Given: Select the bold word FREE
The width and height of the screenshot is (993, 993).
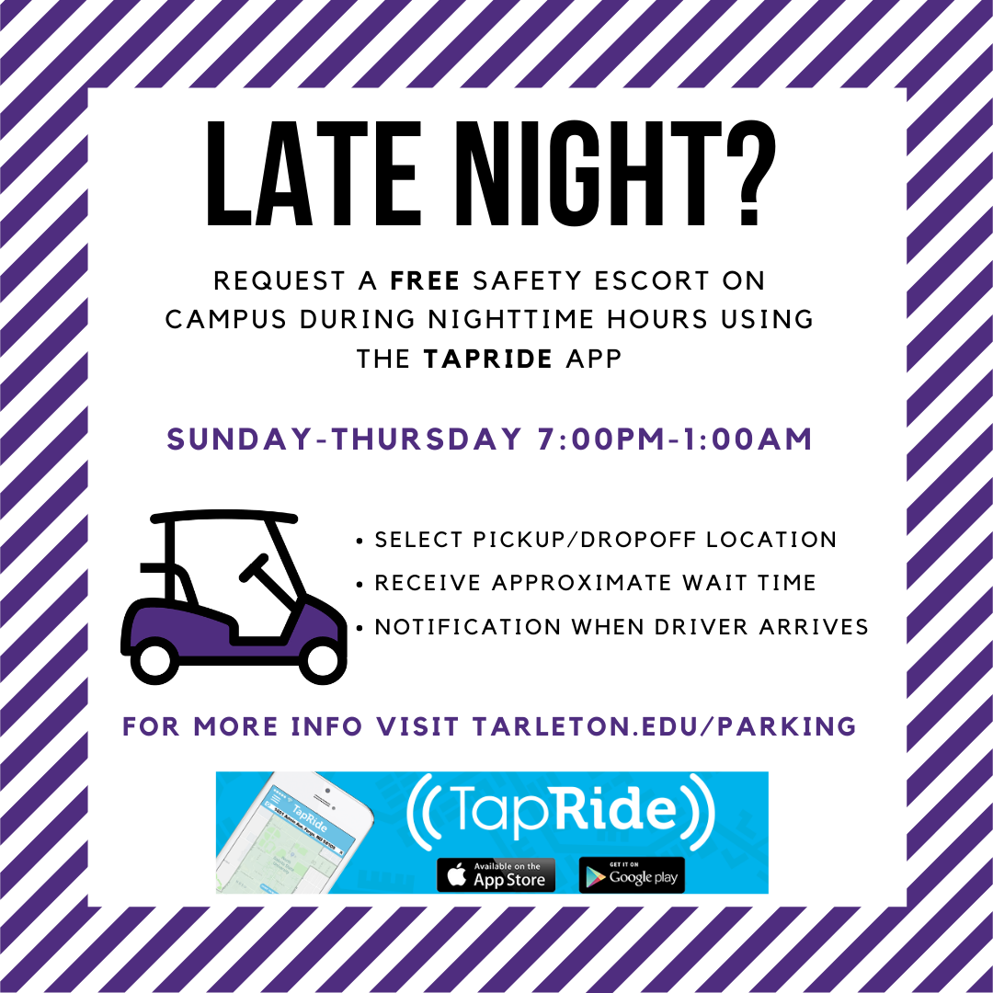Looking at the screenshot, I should point(425,280).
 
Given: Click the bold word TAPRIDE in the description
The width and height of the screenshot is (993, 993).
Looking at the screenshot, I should point(488,359).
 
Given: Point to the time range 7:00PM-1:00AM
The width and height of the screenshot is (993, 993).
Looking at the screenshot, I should point(673,439).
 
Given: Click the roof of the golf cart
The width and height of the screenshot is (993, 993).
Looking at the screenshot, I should point(224,518).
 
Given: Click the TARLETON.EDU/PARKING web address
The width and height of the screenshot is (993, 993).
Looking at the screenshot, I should point(665,727).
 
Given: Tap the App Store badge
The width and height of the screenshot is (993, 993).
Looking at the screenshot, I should point(496,875).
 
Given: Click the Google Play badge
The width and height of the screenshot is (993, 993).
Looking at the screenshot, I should point(632,875).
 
